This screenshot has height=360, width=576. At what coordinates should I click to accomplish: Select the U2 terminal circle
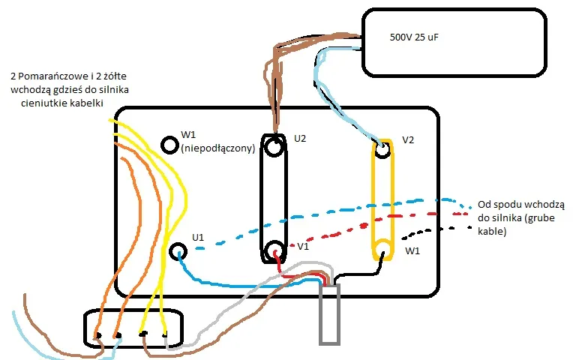pyautogui.click(x=275, y=147)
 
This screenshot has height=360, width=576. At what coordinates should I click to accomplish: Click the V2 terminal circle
pyautogui.click(x=383, y=148)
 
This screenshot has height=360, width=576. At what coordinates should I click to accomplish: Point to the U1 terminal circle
pyautogui.click(x=178, y=251)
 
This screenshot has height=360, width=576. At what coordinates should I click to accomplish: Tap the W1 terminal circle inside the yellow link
pyautogui.click(x=383, y=250)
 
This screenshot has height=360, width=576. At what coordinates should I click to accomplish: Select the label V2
pyautogui.click(x=409, y=139)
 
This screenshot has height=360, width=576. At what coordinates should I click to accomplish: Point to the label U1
pyautogui.click(x=198, y=237)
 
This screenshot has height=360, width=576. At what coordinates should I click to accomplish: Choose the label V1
pyautogui.click(x=304, y=245)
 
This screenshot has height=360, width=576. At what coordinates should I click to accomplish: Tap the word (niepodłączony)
pyautogui.click(x=218, y=148)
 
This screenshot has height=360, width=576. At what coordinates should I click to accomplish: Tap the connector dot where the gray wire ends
pyautogui.click(x=166, y=334)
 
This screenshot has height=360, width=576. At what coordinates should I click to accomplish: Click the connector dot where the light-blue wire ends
pyautogui.click(x=97, y=335)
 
